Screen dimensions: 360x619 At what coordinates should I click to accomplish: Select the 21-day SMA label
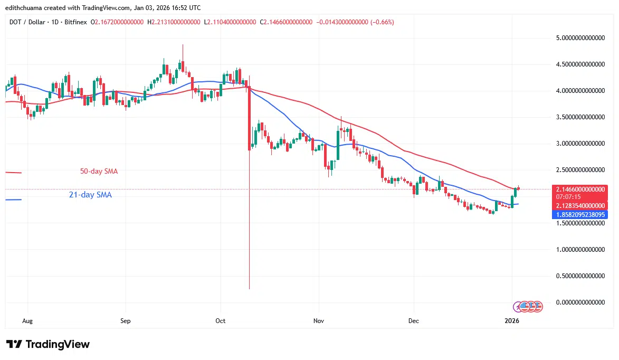click(x=90, y=195)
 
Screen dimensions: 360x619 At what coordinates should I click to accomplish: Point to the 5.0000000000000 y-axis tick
click(x=579, y=38)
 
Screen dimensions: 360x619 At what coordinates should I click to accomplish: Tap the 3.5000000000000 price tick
click(x=579, y=117)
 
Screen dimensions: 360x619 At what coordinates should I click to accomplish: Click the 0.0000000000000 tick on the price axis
click(x=579, y=302)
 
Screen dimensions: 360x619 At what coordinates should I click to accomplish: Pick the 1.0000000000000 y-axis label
click(x=579, y=249)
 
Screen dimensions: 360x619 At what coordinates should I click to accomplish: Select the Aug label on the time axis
click(x=28, y=320)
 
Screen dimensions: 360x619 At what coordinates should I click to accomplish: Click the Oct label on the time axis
click(x=221, y=320)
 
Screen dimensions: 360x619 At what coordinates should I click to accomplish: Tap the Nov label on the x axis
click(x=318, y=320)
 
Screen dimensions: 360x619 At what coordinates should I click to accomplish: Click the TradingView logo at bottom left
click(x=48, y=344)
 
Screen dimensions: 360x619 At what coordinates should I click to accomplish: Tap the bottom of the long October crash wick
click(x=249, y=288)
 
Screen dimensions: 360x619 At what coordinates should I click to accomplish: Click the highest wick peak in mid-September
click(x=183, y=45)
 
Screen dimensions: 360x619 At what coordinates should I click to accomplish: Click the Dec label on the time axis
click(x=414, y=320)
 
